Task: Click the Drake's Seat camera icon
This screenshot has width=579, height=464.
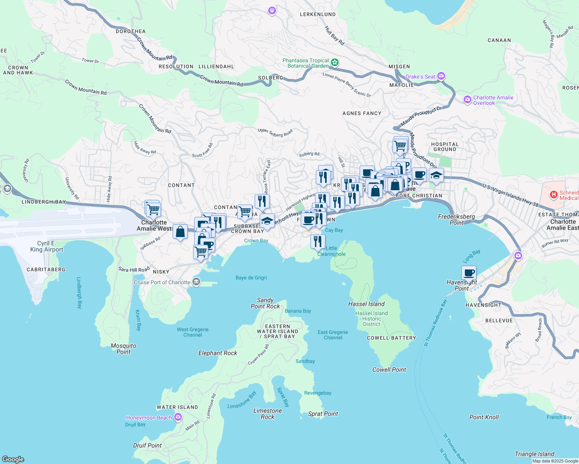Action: tap(441, 76)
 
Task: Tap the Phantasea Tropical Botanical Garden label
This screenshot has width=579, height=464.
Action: tap(305, 63)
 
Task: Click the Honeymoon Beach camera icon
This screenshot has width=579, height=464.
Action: tap(178, 417)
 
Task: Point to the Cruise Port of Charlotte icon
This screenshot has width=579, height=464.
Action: tap(196, 282)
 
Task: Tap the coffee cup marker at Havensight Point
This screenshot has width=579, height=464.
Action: tap(469, 273)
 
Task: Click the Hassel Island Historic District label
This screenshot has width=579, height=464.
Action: tap(372, 319)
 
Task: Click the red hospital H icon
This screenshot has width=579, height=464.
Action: tap(553, 194)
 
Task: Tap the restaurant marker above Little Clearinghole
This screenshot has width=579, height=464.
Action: tap(317, 242)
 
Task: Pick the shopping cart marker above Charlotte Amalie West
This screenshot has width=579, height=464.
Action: tap(153, 210)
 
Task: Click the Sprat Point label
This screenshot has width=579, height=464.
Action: tap(323, 414)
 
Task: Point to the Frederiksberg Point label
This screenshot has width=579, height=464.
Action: tap(456, 220)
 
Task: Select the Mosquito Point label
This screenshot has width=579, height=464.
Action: tap(123, 349)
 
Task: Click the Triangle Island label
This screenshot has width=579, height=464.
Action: tap(534, 454)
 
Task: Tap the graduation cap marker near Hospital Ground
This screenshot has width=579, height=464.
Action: tap(436, 176)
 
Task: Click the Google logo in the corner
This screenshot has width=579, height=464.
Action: tap(13, 459)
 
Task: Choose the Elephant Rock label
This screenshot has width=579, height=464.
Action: tap(218, 353)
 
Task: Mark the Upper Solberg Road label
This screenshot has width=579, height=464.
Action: tap(275, 133)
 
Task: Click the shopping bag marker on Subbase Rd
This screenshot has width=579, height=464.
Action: tap(180, 232)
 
